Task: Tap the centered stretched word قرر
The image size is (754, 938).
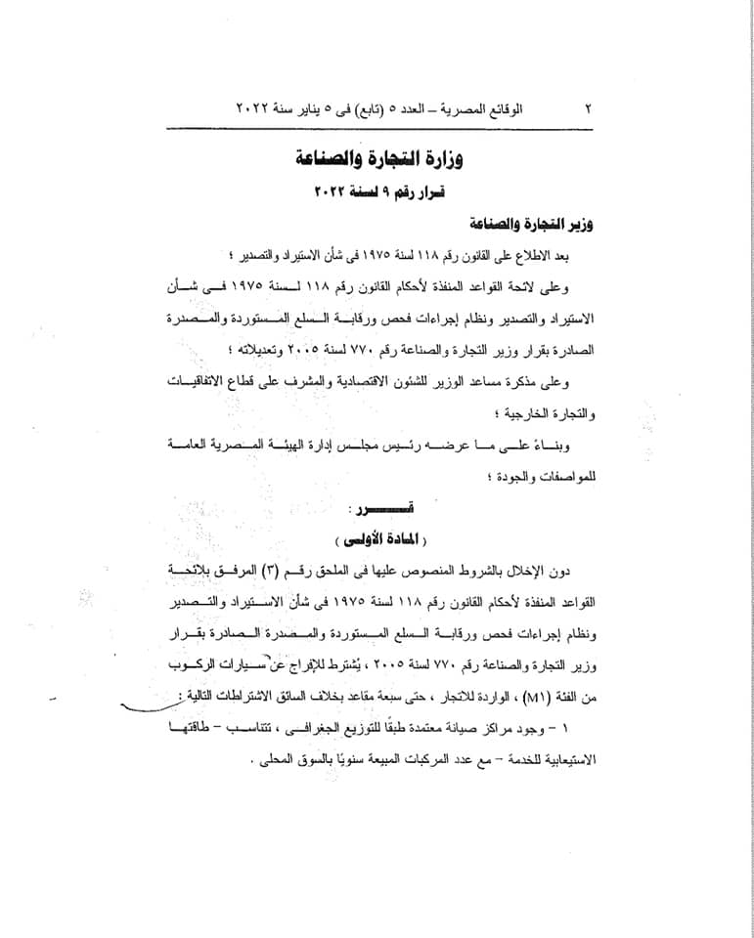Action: click(377, 509)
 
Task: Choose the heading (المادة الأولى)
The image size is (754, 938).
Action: click(377, 539)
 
